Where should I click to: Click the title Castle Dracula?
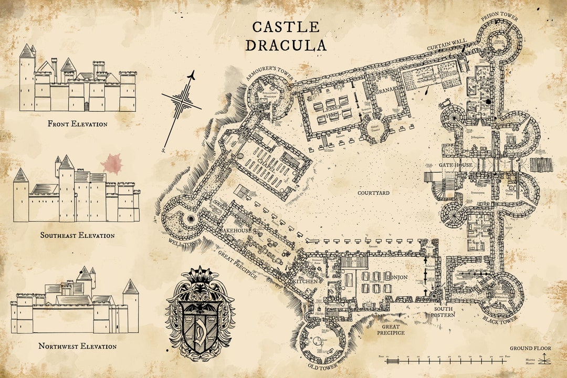point(286,36)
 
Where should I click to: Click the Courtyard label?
point(373,193)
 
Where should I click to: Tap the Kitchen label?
point(306,281)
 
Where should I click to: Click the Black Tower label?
point(499,318)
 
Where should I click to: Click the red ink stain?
point(111,164)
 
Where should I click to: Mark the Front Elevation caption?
point(77,124)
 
